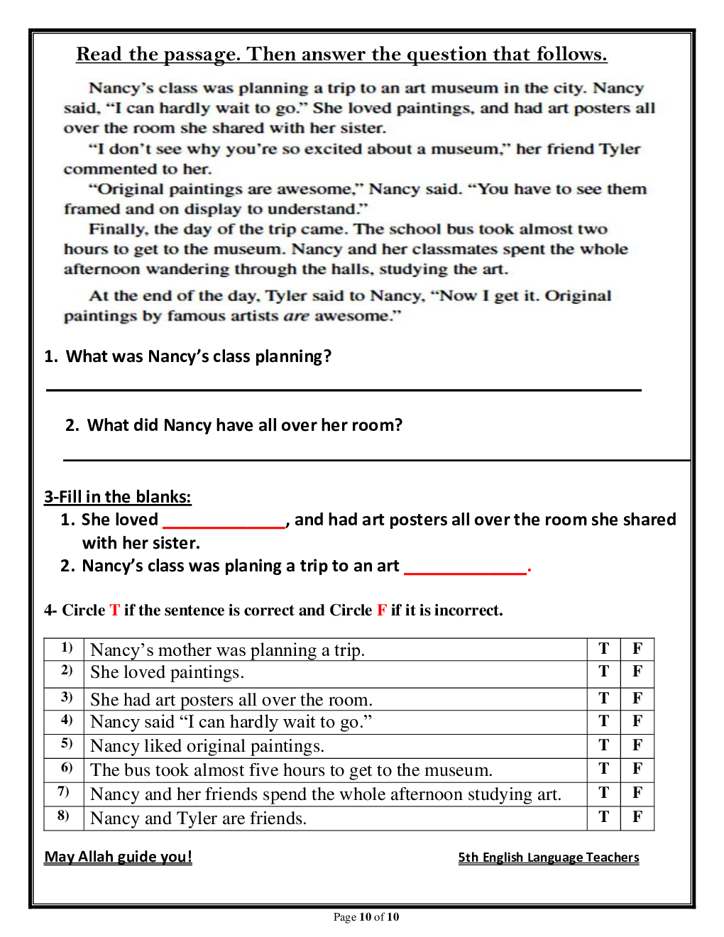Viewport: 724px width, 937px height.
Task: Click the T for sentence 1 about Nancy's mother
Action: point(604,649)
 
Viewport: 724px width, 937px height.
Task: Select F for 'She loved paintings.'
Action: point(637,672)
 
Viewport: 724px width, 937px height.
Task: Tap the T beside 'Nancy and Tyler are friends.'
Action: point(604,817)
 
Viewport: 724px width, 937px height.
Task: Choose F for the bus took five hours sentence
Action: point(637,769)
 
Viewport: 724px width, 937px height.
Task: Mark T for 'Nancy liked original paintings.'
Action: point(604,745)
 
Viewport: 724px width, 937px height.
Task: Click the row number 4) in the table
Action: point(67,720)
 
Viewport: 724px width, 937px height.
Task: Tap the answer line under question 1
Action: point(344,389)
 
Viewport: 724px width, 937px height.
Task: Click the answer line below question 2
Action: point(376,459)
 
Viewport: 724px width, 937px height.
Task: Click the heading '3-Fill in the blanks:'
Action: point(118,497)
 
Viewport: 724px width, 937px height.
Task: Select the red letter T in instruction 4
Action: point(114,610)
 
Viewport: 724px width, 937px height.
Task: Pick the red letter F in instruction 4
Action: point(382,610)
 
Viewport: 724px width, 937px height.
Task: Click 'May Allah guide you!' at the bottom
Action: point(119,857)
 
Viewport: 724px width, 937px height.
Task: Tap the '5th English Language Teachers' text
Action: point(549,857)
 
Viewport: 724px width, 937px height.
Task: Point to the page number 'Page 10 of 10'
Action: point(366,917)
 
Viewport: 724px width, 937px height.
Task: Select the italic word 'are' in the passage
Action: point(296,316)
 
